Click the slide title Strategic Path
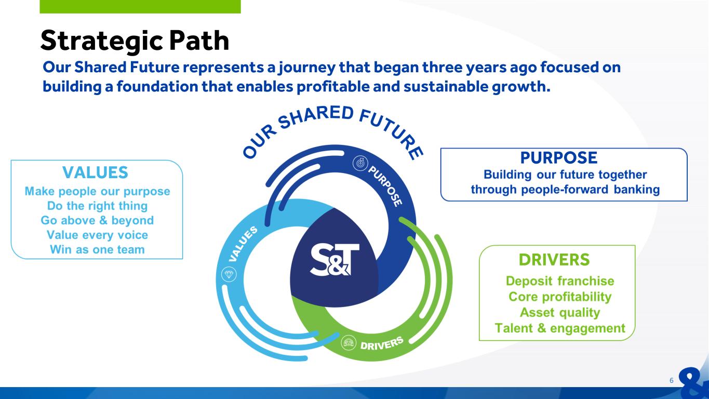point(135,41)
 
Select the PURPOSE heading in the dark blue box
point(558,158)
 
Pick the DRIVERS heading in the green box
point(554,260)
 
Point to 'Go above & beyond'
point(97,220)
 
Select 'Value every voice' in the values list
point(97,235)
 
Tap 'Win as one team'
point(97,249)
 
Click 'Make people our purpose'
point(97,191)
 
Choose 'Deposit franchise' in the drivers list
point(560,281)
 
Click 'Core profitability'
point(560,297)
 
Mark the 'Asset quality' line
point(560,312)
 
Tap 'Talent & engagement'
point(560,328)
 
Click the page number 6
point(671,381)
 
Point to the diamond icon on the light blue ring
point(229,274)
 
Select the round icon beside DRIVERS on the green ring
point(349,343)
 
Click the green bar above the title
point(140,6)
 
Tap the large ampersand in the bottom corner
point(695,383)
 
